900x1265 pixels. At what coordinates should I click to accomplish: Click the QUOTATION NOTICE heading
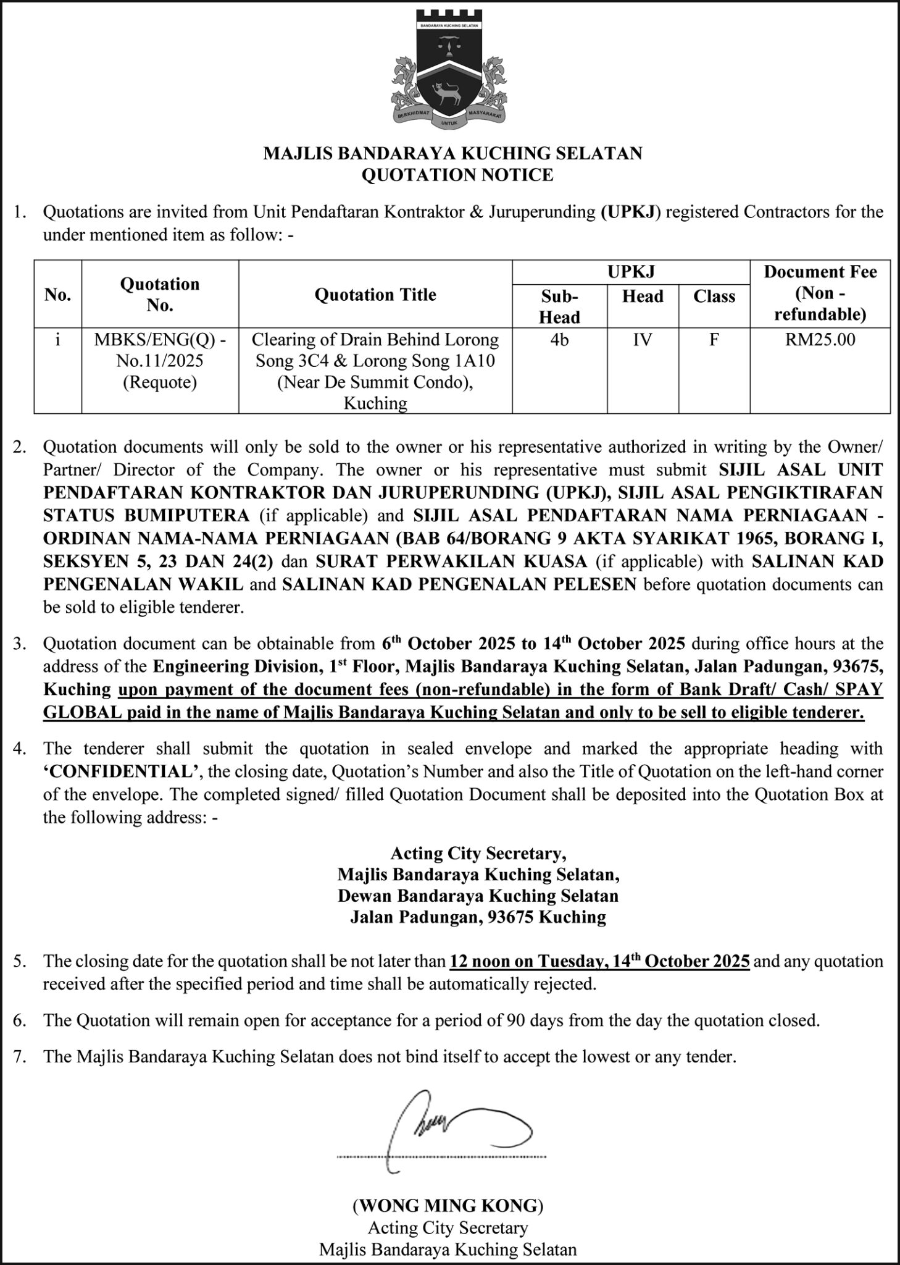(457, 175)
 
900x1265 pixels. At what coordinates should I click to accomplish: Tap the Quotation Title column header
(375, 295)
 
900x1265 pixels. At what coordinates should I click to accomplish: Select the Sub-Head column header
(559, 306)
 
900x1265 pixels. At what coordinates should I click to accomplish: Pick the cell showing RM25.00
(820, 340)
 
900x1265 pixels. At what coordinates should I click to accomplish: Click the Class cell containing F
(714, 340)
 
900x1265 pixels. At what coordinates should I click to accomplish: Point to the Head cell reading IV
(642, 340)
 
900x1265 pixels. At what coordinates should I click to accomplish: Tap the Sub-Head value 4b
(559, 340)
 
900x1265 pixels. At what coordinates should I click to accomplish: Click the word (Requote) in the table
(160, 382)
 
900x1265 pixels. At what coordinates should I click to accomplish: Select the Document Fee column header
(820, 293)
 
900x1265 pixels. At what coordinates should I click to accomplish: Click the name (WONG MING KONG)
(448, 1206)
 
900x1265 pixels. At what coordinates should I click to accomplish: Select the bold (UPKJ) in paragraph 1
(630, 212)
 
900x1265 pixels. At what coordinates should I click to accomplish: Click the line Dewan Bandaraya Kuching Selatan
(478, 896)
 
